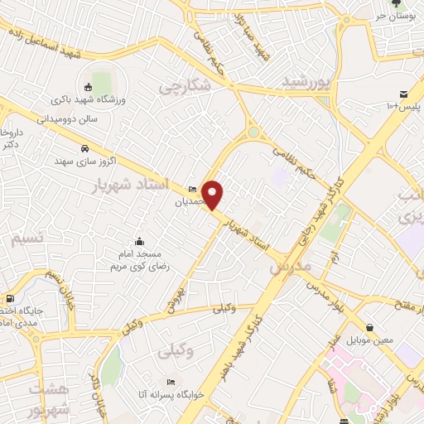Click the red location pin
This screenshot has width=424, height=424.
pos(213,194)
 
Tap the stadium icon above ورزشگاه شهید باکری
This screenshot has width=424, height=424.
pos(89,87)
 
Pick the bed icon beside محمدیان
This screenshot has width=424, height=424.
pos(193,188)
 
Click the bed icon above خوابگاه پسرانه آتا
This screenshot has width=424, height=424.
pos(171,382)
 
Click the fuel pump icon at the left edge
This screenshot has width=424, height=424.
pos(10,298)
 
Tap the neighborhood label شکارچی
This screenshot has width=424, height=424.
pos(185,85)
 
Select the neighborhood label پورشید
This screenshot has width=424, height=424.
pos(306,81)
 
